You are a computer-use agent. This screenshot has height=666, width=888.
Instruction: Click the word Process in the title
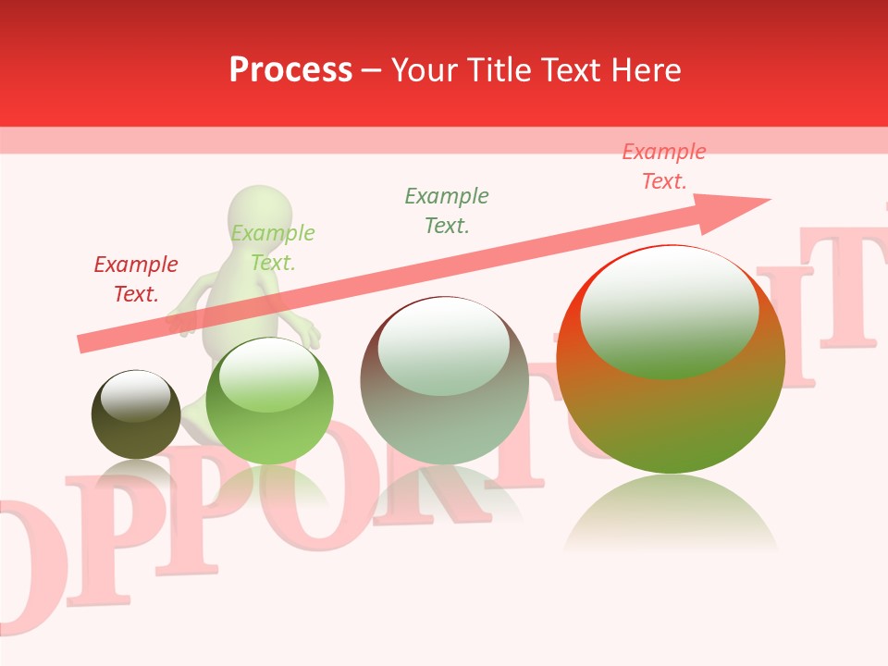tap(290, 69)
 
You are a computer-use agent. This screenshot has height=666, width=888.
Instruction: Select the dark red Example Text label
tap(135, 279)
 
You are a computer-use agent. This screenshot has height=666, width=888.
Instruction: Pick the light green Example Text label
tap(272, 248)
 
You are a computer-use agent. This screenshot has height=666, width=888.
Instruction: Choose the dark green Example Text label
tap(446, 210)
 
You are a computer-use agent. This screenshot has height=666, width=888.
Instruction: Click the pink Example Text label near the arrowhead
tap(663, 166)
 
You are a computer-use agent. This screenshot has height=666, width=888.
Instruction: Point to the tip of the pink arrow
tap(769, 200)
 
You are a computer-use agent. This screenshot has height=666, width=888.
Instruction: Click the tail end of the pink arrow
tap(81, 345)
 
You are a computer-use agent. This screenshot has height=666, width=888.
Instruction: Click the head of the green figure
tap(260, 215)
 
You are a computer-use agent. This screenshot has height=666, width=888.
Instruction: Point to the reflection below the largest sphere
tap(671, 518)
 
